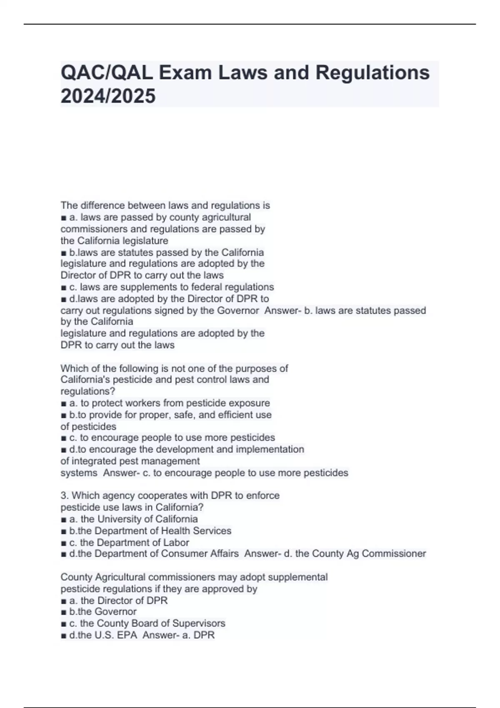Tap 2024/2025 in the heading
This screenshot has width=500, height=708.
click(108, 96)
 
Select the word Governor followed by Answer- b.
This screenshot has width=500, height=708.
click(239, 311)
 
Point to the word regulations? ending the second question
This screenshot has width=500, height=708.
click(87, 391)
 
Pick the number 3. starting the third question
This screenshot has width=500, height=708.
click(65, 496)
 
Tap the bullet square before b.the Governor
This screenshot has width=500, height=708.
click(63, 612)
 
